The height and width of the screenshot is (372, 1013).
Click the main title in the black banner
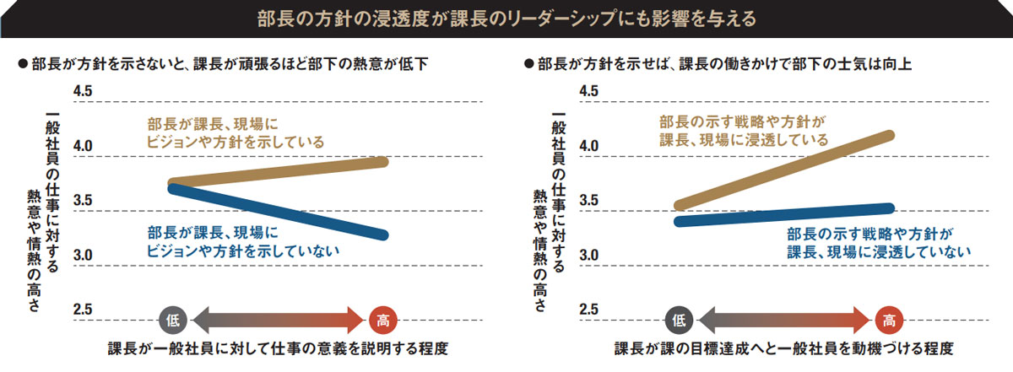click(x=506, y=17)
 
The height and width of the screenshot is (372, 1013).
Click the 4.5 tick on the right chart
click(x=590, y=91)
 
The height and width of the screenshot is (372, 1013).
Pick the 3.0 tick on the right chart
click(x=590, y=256)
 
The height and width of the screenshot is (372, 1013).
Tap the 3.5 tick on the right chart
click(x=590, y=201)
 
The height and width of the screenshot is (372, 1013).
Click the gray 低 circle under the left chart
click(x=172, y=320)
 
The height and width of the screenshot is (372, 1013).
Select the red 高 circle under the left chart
click(x=383, y=320)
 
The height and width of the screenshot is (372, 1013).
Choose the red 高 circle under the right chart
click(x=889, y=320)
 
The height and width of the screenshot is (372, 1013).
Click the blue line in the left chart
click(x=279, y=212)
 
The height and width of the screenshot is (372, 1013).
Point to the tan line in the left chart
click(x=279, y=172)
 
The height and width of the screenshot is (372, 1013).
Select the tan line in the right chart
click(x=785, y=170)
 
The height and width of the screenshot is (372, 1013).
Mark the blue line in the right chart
click(x=785, y=215)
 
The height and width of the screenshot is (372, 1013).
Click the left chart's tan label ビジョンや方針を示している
click(x=235, y=141)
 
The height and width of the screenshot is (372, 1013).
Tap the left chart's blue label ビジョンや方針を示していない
click(x=243, y=251)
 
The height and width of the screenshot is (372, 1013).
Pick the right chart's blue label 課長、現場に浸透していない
click(x=879, y=251)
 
